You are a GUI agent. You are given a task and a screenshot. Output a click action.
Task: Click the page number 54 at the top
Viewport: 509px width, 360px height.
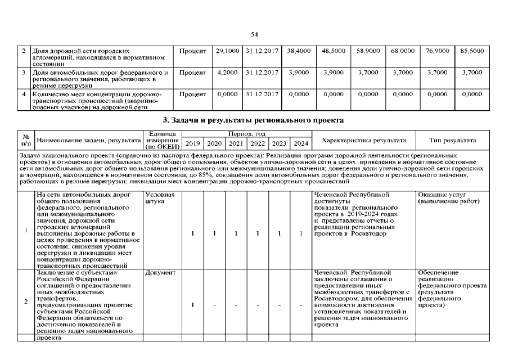pyautogui.click(x=254, y=34)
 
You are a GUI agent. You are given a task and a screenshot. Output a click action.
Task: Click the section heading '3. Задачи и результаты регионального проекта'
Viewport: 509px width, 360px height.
pyautogui.click(x=254, y=120)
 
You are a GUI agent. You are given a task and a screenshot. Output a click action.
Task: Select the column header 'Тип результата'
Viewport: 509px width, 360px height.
pyautogui.click(x=452, y=141)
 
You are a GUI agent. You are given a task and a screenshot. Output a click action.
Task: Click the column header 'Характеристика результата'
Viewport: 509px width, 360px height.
pyautogui.click(x=363, y=141)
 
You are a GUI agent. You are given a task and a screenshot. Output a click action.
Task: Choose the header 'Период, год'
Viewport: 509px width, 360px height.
pyautogui.click(x=246, y=134)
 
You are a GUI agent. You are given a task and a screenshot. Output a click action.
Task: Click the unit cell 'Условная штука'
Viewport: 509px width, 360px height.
pyautogui.click(x=159, y=198)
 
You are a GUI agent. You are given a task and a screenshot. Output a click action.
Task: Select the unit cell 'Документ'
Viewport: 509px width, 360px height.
pyautogui.click(x=160, y=273)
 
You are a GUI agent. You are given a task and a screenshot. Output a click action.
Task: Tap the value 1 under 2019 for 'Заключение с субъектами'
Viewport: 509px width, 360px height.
pyautogui.click(x=193, y=305)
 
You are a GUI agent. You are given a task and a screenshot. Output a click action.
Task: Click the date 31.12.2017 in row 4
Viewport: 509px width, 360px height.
pyautogui.click(x=261, y=94)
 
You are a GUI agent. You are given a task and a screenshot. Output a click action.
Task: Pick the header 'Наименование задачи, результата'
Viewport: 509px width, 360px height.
pyautogui.click(x=88, y=139)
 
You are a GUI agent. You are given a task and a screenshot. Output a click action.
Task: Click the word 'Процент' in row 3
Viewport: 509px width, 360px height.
pyautogui.click(x=192, y=73)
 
